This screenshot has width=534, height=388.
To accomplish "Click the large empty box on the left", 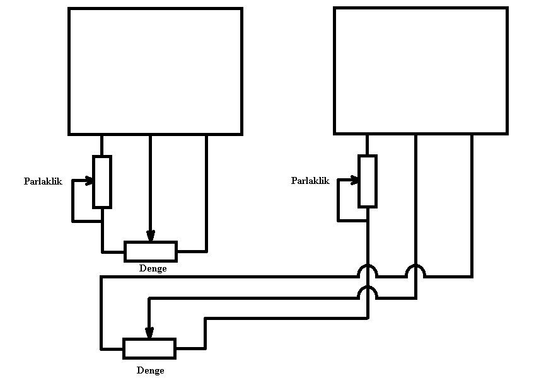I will coord(155,71).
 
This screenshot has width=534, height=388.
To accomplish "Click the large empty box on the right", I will coord(421,71).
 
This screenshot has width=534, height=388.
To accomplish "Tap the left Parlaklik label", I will coord(43,181).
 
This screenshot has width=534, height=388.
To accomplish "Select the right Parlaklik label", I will coord(310,181).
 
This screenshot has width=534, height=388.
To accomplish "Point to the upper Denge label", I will coord(153,268).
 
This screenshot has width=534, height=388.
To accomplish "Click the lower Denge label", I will coord(150,370).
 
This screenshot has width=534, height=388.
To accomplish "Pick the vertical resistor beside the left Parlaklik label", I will coord(102,181).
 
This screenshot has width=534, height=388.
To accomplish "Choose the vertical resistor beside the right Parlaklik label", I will coord(368,181).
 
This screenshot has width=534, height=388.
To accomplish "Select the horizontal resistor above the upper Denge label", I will coord(151,251).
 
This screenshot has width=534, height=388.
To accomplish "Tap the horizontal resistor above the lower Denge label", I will coord(149,348).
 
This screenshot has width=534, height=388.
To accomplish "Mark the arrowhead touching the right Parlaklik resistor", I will coord(355,180).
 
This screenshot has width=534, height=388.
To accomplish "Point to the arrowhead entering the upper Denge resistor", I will coord(151,236).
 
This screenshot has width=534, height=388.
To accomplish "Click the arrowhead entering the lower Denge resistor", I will coord(149,333).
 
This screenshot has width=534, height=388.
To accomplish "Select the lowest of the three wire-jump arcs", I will coord(368,292).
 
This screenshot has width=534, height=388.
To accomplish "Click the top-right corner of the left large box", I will coord(241,9).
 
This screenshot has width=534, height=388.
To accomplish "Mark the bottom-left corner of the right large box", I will coord(335,133).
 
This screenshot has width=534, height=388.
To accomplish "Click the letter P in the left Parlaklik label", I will coord(27,181).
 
